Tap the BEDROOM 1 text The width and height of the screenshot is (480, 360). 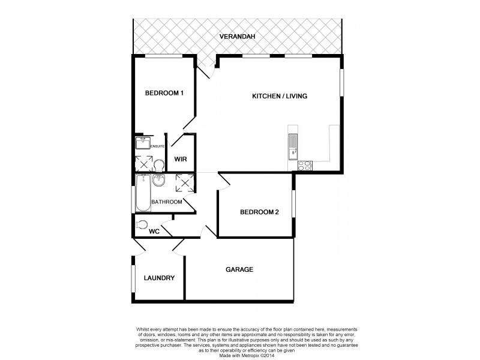[164, 93]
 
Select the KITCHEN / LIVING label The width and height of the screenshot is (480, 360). [280, 96]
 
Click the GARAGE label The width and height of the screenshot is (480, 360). [239, 269]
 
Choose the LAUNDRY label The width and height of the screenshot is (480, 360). [159, 278]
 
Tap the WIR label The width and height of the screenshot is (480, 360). [181, 159]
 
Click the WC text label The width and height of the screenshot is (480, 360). [154, 231]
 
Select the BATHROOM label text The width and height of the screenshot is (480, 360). [166, 202]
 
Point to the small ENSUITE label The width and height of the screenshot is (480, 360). [158, 146]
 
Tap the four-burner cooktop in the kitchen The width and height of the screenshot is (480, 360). [305, 166]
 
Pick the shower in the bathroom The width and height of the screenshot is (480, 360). [184, 182]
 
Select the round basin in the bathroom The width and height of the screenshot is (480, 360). [160, 181]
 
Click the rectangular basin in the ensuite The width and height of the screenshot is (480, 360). [143, 143]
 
